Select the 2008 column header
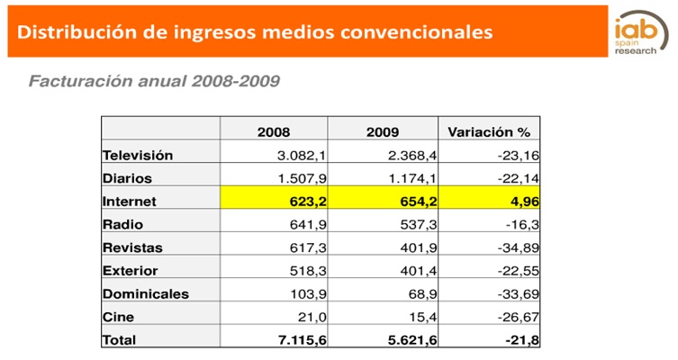(274, 132)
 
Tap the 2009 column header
(383, 132)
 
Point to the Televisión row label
(138, 155)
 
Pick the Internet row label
(131, 201)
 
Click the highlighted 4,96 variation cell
(520, 201)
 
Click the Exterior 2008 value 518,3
(299, 270)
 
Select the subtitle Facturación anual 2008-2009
(154, 81)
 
